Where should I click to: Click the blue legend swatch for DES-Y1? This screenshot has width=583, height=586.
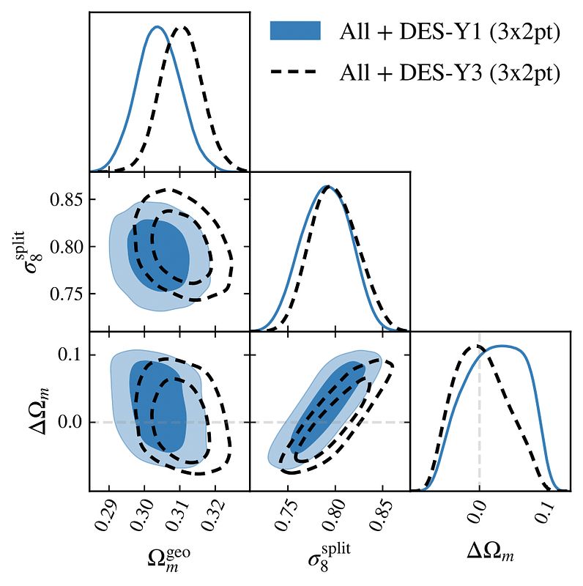click(295, 30)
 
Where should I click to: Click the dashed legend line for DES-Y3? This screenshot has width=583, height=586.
click(295, 72)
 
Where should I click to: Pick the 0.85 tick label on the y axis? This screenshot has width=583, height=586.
click(64, 199)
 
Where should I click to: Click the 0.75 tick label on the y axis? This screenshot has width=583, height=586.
click(64, 294)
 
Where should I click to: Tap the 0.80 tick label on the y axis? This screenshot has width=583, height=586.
click(64, 246)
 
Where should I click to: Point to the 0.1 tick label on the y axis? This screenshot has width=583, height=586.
click(70, 355)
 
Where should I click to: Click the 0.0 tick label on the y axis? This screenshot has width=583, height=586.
click(70, 422)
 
